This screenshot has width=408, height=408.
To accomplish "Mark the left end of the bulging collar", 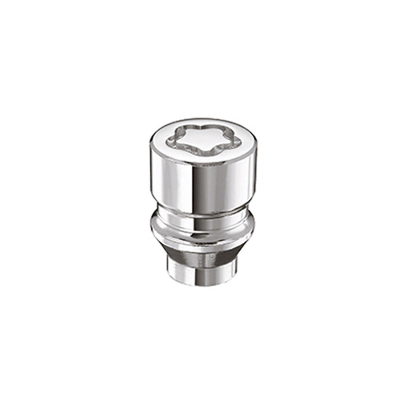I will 152,228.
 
